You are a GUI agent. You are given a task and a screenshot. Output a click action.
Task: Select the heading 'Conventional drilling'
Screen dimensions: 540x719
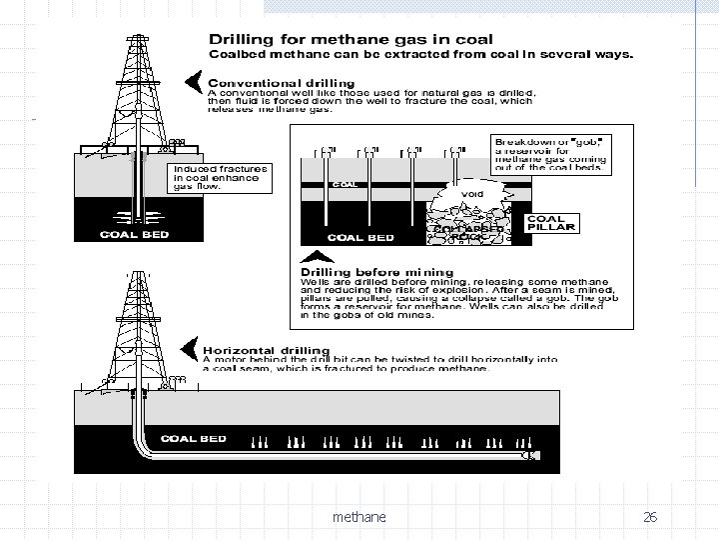[x=281, y=82]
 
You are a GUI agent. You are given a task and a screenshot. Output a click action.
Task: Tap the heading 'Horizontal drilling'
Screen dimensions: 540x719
[x=261, y=351]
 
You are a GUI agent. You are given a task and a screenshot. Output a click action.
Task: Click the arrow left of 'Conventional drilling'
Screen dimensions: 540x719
[x=194, y=79]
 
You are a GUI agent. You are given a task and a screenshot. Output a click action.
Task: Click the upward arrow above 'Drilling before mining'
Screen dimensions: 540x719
[x=314, y=257]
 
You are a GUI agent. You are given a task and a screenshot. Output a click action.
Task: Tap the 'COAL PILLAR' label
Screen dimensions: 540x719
[x=546, y=222]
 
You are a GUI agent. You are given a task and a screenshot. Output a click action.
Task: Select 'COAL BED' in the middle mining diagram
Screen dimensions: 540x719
[x=362, y=237]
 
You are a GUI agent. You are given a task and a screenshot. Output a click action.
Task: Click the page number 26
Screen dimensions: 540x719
[x=650, y=517]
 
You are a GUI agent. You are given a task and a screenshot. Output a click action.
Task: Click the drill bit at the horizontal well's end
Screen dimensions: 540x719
[x=532, y=455]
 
